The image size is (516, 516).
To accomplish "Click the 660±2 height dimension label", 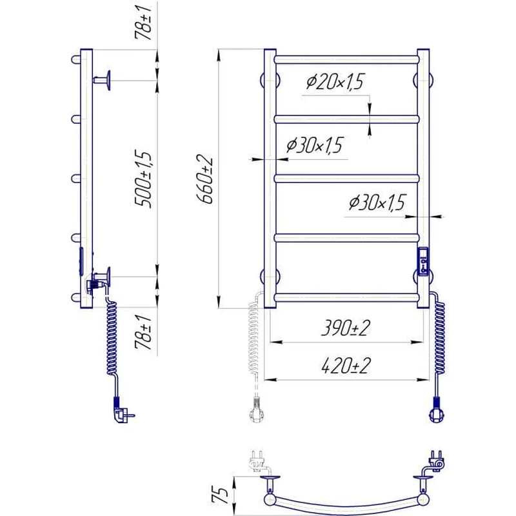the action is pyautogui.click(x=204, y=179).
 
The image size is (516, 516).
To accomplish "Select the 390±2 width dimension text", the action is pyautogui.click(x=346, y=328).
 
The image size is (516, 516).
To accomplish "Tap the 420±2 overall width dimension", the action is pyautogui.click(x=346, y=366).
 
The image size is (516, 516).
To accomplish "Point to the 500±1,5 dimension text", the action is pyautogui.click(x=143, y=179).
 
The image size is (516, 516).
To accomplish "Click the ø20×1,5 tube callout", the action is pyautogui.click(x=335, y=82).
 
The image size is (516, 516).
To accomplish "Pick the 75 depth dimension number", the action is pyautogui.click(x=220, y=495).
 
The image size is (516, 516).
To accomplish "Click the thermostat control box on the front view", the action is pyautogui.click(x=423, y=261).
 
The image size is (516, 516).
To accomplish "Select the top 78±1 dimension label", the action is pyautogui.click(x=143, y=23).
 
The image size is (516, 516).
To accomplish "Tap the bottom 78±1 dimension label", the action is pyautogui.click(x=143, y=332).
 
